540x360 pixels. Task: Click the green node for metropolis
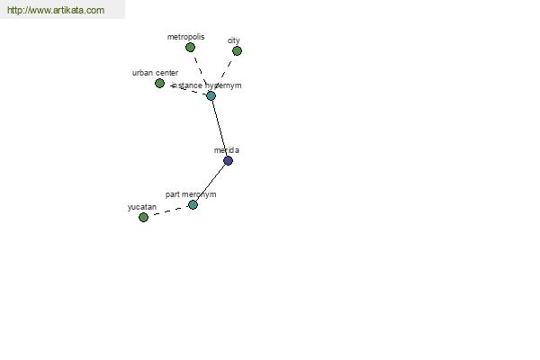190,48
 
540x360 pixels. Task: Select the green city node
237,51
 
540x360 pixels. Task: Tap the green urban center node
159,84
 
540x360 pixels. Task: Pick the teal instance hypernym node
211,95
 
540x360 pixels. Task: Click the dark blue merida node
228,160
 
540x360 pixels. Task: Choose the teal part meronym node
193,205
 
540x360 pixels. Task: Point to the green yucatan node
143,218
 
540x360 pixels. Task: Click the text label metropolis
185,37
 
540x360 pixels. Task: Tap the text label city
233,40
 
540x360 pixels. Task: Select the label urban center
155,73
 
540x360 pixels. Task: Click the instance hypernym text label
207,85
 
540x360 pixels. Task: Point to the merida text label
226,150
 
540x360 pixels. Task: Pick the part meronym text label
191,194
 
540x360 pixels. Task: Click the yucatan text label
142,207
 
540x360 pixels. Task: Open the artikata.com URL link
56,10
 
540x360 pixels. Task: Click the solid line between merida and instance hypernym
220,128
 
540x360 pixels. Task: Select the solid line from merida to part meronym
211,183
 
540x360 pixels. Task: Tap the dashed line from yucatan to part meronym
168,211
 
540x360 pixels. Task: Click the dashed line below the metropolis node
201,72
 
